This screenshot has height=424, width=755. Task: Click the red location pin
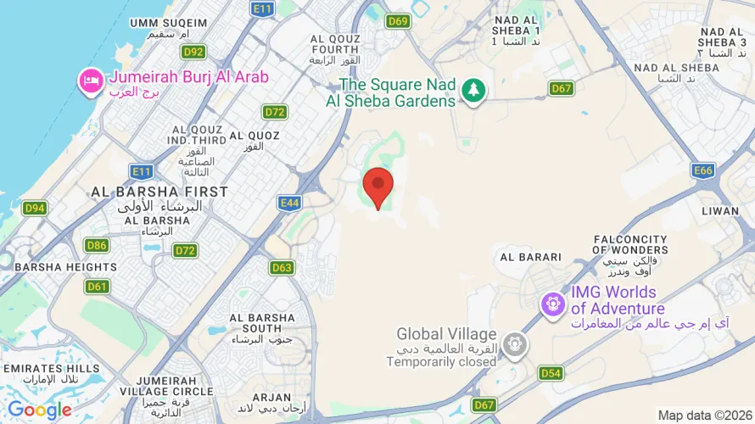click(377, 185)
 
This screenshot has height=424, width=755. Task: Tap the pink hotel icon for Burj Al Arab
click(89, 81)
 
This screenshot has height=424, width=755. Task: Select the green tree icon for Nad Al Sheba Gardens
click(473, 90)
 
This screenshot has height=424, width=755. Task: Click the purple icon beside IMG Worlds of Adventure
click(554, 302)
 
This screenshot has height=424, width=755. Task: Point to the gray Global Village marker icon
click(512, 344)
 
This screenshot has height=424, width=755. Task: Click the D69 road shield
click(398, 21)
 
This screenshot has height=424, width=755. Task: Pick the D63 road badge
click(282, 268)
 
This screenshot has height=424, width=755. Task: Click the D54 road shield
click(551, 373)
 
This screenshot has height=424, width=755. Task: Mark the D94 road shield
click(35, 208)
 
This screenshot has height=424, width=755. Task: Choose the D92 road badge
click(193, 52)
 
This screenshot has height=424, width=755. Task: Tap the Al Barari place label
click(531, 257)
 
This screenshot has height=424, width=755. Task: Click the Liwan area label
click(722, 210)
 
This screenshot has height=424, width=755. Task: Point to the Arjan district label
click(271, 397)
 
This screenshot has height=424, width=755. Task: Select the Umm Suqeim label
click(167, 23)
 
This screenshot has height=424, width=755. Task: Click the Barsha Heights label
click(53, 266)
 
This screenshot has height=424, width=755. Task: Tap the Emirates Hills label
click(51, 369)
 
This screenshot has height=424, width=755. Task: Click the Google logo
click(39, 410)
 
